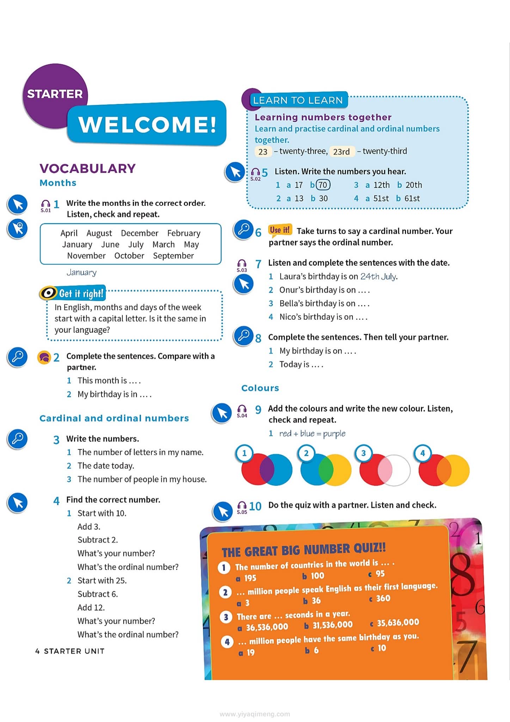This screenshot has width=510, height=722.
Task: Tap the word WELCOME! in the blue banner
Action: tap(147, 124)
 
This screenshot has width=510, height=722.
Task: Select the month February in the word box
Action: tap(184, 233)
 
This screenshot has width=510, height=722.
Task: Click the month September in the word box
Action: tap(173, 256)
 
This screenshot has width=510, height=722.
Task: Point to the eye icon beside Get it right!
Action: tap(49, 293)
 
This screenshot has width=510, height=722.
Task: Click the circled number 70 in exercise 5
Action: tap(323, 185)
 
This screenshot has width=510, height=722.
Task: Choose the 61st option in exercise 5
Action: tap(412, 198)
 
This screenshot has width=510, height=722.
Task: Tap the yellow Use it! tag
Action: tap(280, 230)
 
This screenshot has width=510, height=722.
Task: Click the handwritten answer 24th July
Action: tap(379, 276)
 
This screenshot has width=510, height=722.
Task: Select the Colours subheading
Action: tap(260, 388)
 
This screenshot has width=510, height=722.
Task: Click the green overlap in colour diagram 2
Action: tap(326, 470)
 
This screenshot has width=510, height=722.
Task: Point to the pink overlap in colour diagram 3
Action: tap(385, 470)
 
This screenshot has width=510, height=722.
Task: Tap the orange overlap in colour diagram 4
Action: tap(444, 470)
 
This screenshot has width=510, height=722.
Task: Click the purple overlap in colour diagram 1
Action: tap(267, 470)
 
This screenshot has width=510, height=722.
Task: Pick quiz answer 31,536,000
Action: tap(332, 625)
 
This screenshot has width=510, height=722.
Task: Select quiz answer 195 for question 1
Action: tap(250, 578)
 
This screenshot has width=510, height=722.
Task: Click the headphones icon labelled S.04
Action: tap(242, 410)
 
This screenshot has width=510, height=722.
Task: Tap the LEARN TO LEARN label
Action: tap(298, 100)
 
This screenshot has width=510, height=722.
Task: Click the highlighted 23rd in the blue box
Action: tap(341, 152)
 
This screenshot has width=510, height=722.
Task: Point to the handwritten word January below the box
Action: tap(81, 273)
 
